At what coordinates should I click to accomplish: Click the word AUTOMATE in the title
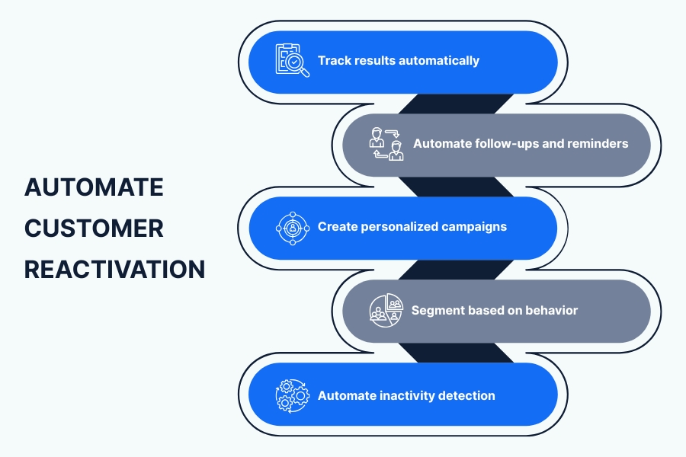94,187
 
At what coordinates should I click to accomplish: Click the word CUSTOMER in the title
94,228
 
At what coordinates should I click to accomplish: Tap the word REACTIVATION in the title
114,270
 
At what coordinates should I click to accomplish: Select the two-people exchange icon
386,144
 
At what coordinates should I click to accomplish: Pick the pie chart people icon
386,310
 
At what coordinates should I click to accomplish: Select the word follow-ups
503,143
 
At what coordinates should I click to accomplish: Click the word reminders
598,143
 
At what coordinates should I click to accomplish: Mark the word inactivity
406,395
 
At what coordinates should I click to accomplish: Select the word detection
466,395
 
